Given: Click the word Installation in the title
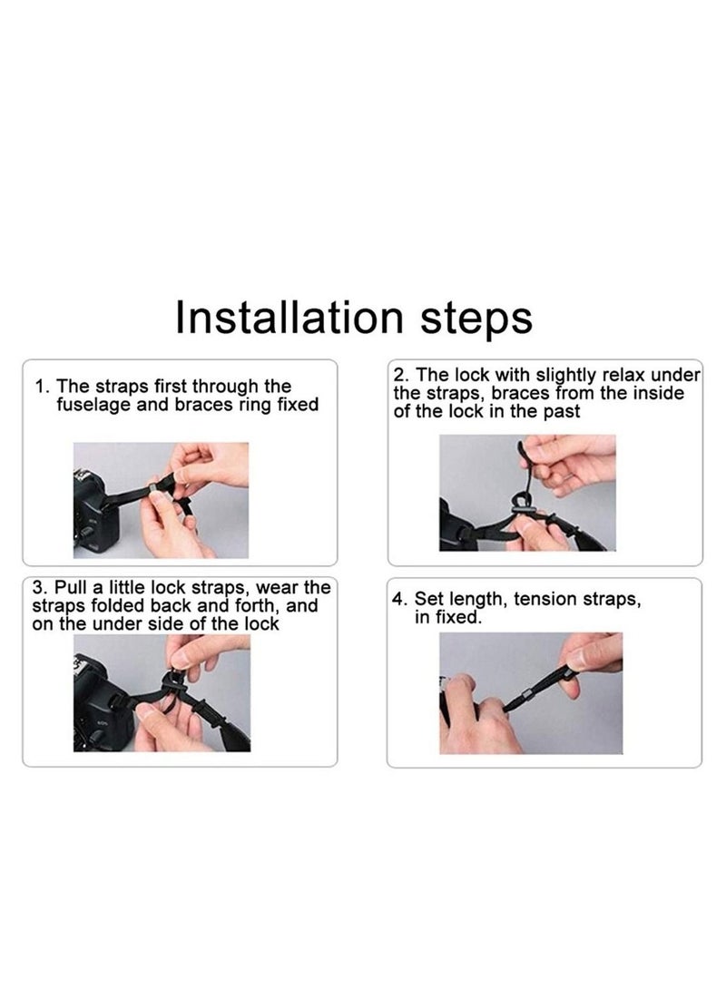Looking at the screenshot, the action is [x=289, y=317].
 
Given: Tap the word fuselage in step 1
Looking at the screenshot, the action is [x=94, y=405].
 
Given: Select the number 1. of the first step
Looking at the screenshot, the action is [x=43, y=387].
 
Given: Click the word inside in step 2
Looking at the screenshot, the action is [x=656, y=393].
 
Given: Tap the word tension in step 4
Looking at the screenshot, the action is [x=544, y=599].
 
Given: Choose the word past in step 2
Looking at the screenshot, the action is [x=562, y=412].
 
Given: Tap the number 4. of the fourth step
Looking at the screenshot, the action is [x=399, y=599].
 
